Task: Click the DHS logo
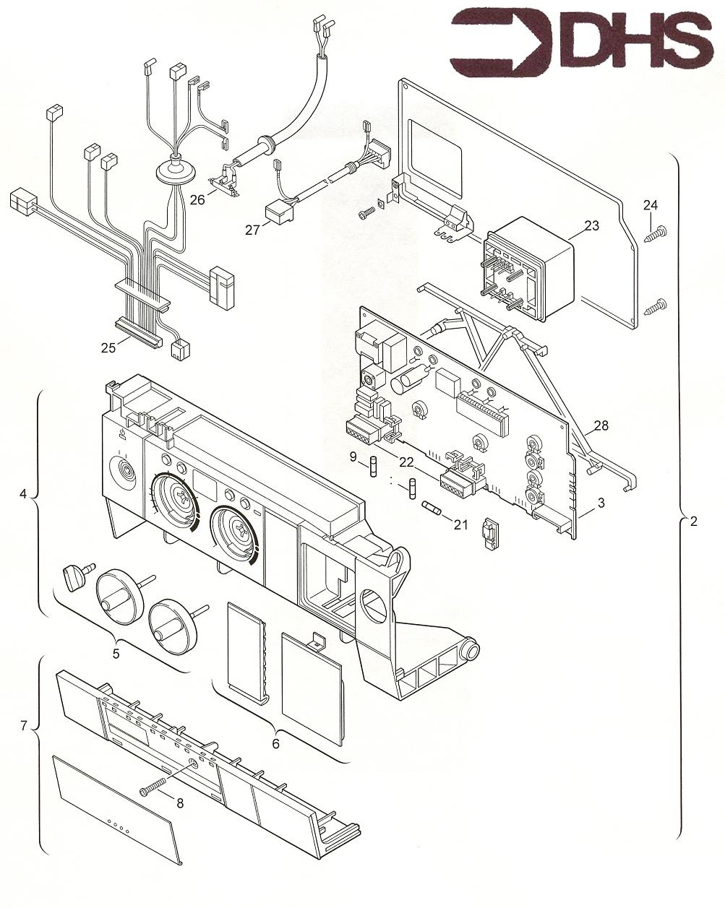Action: [582, 41]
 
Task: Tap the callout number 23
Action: [591, 225]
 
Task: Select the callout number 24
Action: [651, 205]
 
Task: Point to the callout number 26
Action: [197, 199]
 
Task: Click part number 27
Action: [252, 230]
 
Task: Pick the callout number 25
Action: [108, 347]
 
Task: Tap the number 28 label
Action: [601, 425]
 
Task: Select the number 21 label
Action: [460, 524]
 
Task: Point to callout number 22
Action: [406, 462]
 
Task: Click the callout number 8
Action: [180, 803]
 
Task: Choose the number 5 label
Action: [116, 653]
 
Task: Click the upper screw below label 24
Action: [656, 233]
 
